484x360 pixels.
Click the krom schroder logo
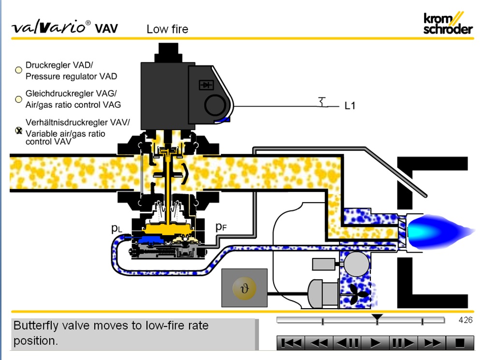click(x=447, y=23)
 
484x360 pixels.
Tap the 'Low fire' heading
click(x=167, y=29)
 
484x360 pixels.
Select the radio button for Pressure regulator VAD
click(x=18, y=70)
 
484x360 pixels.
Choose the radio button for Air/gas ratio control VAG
click(x=18, y=99)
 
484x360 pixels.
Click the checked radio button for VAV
click(x=19, y=130)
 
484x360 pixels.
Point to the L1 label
click(x=350, y=105)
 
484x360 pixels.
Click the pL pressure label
click(x=117, y=228)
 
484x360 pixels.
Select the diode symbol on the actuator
click(x=206, y=85)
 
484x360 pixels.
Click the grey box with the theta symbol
click(x=244, y=288)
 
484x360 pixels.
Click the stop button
click(x=459, y=343)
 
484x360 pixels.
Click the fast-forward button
click(x=431, y=343)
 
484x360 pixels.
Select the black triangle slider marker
click(x=378, y=317)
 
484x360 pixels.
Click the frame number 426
click(x=465, y=320)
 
